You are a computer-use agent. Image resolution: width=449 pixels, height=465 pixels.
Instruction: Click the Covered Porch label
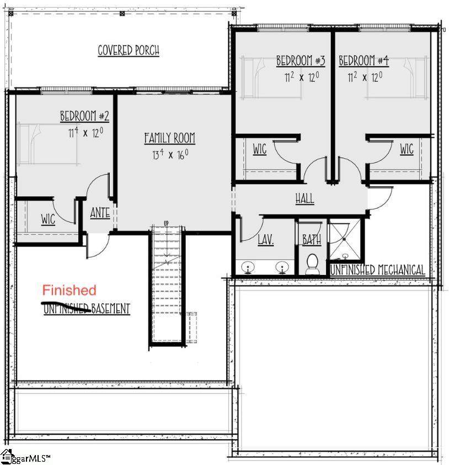click(129, 51)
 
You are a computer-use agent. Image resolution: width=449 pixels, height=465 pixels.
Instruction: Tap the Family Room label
click(170, 138)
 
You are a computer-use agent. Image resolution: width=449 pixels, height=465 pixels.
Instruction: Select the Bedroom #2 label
click(84, 116)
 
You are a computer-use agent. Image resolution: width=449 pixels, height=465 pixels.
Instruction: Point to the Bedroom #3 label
click(301, 61)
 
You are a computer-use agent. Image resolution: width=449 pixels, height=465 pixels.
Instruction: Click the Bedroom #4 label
click(364, 61)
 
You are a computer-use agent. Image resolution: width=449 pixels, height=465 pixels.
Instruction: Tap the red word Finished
click(69, 290)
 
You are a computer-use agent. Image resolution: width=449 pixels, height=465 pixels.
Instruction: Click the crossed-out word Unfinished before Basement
click(67, 309)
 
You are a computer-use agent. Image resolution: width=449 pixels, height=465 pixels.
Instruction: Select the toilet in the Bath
click(312, 263)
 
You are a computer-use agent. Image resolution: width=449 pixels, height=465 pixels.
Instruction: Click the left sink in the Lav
click(248, 267)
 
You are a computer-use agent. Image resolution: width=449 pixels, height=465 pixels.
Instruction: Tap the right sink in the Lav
click(281, 267)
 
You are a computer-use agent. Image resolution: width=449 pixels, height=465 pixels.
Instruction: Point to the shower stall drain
click(344, 239)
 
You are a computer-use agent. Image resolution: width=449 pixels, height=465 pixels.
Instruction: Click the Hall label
click(305, 198)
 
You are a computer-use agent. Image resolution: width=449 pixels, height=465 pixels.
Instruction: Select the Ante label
click(100, 213)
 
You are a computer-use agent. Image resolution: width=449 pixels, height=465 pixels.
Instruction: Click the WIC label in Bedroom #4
click(407, 149)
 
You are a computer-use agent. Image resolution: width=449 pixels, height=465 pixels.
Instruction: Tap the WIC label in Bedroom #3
click(260, 149)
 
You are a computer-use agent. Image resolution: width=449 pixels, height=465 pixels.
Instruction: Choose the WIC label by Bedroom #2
click(48, 219)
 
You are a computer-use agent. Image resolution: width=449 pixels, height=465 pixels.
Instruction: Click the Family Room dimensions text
click(170, 154)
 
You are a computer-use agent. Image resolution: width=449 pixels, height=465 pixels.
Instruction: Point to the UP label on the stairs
click(166, 223)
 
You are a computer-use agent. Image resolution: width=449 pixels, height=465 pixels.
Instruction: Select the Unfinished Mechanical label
click(377, 270)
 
